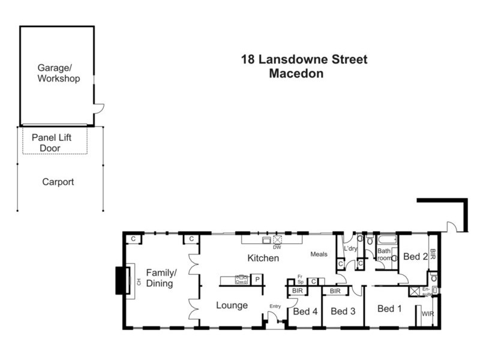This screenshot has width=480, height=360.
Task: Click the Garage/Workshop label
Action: (x=58, y=74)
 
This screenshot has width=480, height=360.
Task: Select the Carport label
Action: (x=58, y=182)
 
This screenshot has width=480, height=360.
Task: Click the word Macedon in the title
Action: (x=296, y=74)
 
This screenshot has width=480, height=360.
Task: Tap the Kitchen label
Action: (x=263, y=259)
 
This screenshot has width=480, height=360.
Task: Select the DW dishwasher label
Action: (x=277, y=247)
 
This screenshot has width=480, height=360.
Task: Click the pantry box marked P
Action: (x=257, y=280)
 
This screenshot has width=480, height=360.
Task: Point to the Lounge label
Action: (x=232, y=305)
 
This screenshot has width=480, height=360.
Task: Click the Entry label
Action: (x=275, y=307)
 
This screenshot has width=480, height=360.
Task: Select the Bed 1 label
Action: (x=390, y=308)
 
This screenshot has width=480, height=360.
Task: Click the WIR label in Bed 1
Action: (x=428, y=314)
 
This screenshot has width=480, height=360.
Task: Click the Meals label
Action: (x=319, y=254)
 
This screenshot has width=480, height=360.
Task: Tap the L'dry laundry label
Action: (x=350, y=248)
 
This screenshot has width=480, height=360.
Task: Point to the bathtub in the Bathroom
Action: (x=387, y=239)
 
